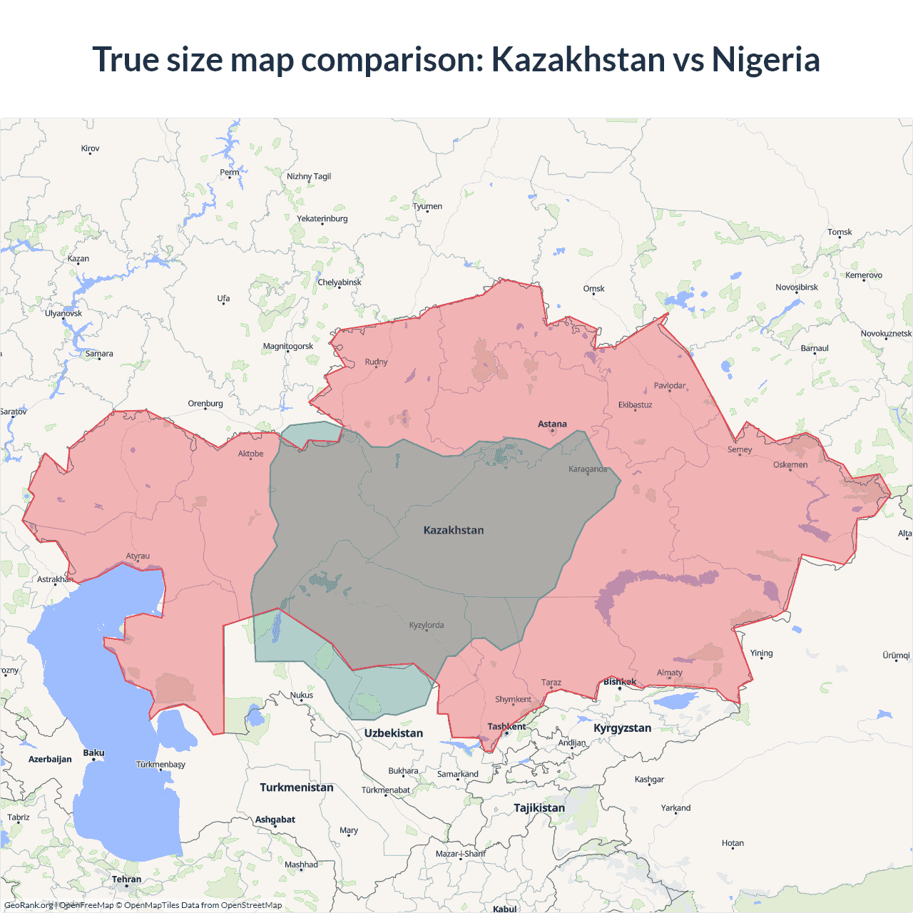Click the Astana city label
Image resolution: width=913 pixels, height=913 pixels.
tap(552, 424)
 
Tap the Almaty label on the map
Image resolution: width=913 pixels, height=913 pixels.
tap(669, 673)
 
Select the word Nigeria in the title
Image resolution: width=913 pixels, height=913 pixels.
tap(765, 60)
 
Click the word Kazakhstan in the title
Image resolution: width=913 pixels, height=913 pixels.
tap(578, 60)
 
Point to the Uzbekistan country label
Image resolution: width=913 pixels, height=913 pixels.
tap(393, 733)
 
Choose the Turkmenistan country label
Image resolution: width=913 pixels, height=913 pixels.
tap(296, 787)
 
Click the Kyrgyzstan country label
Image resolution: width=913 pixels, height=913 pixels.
tap(622, 728)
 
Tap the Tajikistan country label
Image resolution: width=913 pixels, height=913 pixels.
tap(539, 808)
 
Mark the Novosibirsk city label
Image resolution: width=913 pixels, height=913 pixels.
tap(797, 287)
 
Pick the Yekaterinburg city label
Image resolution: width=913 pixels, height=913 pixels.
tap(322, 219)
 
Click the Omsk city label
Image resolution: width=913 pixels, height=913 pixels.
tap(593, 289)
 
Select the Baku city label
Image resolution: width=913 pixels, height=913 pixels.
tap(93, 753)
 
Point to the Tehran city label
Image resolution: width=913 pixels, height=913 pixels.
tap(126, 879)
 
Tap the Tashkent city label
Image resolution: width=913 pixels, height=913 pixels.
tap(506, 727)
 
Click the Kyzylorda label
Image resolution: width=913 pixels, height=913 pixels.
tap(427, 626)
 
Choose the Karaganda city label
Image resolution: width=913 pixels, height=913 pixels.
tap(588, 469)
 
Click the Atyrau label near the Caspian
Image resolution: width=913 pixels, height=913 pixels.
tap(138, 556)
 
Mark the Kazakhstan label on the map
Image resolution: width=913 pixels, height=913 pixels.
tap(454, 531)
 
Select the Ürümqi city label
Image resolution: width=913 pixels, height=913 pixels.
tap(896, 656)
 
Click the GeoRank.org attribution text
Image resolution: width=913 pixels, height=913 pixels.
tap(29, 905)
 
